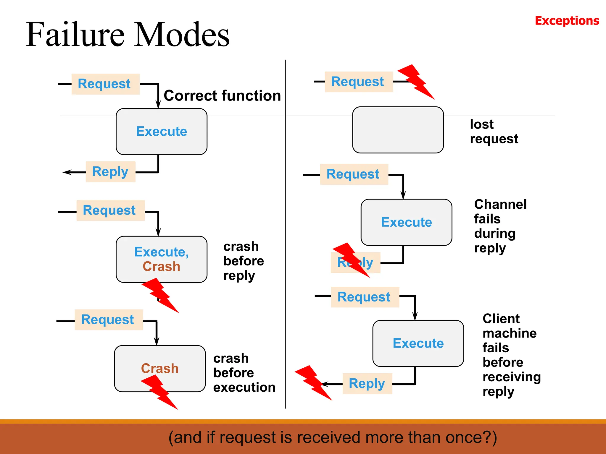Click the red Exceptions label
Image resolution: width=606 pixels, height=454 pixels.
[567, 21]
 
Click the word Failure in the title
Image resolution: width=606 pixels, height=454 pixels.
[75, 35]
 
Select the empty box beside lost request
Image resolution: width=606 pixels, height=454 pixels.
[398, 130]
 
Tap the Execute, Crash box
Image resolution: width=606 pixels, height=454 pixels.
[161, 259]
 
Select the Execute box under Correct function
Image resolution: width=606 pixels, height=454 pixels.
[161, 132]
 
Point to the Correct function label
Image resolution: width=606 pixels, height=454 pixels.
[222, 96]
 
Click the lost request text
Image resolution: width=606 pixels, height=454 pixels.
[494, 132]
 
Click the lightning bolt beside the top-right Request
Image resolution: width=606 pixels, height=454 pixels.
[416, 81]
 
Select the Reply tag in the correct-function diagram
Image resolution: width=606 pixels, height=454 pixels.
[110, 172]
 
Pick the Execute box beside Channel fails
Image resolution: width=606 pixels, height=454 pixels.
[406, 222]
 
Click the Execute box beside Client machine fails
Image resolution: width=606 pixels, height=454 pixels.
[418, 343]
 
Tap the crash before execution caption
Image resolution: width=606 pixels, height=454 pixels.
[244, 373]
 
